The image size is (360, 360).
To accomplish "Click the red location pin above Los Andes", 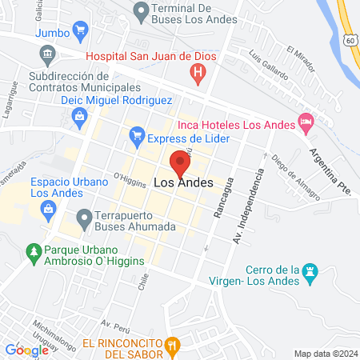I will pyautogui.click(x=179, y=163).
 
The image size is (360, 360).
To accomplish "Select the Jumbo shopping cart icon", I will pyautogui.click(x=79, y=32).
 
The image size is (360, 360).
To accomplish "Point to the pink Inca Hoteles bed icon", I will pyautogui.click(x=306, y=122).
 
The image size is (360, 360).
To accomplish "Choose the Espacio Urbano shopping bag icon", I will pyautogui.click(x=48, y=207).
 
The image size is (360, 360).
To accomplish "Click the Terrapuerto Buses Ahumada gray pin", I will pyautogui.click(x=84, y=218).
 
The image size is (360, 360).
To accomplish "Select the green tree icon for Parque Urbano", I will pyautogui.click(x=33, y=254).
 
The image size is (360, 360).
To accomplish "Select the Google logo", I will pyautogui.click(x=26, y=350).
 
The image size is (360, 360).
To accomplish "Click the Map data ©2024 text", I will pyautogui.click(x=324, y=353).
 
